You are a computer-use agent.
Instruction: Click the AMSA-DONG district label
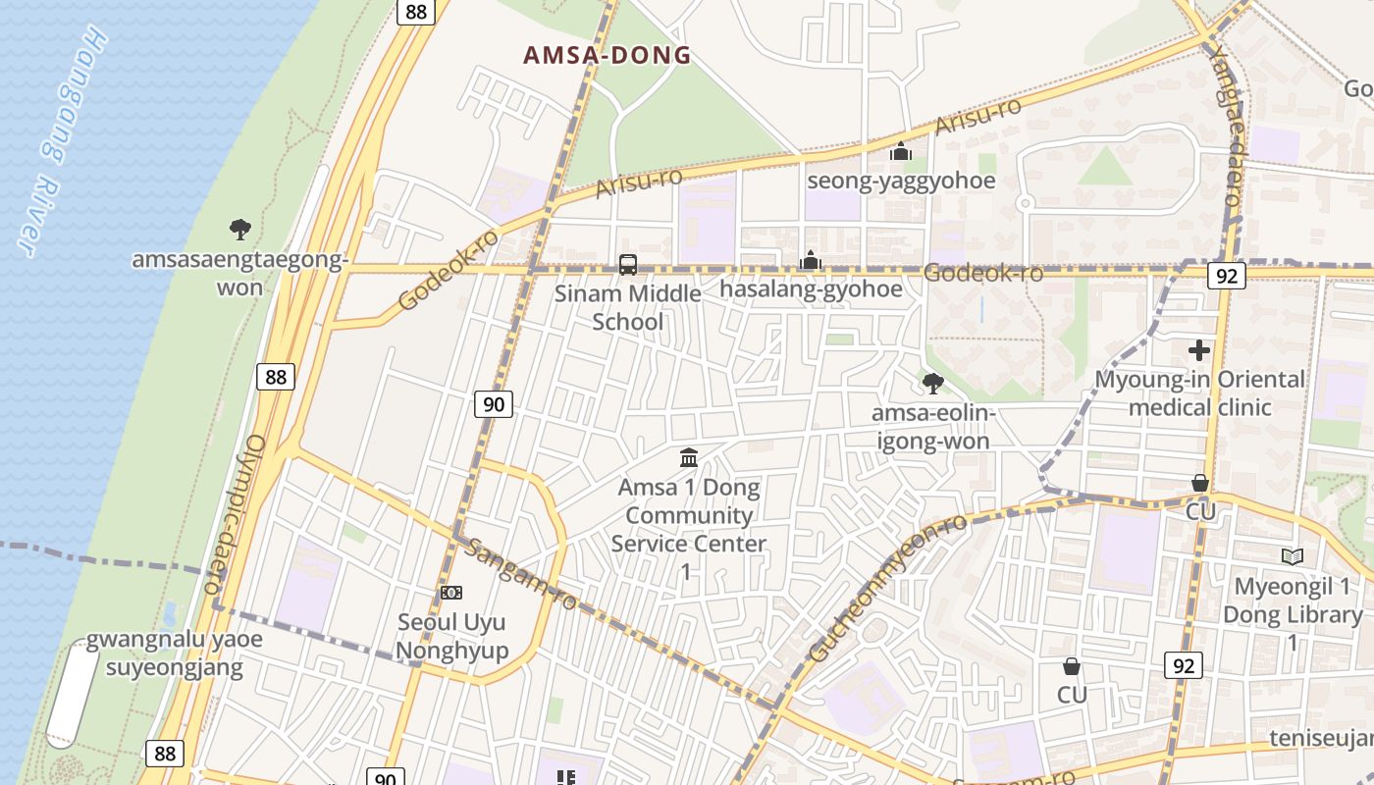click(x=608, y=55)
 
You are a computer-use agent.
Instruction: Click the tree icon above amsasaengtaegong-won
click(x=239, y=231)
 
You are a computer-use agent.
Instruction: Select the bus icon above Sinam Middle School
click(x=628, y=265)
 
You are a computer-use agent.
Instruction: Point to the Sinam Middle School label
click(x=628, y=307)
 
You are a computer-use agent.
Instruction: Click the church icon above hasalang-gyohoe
click(x=811, y=261)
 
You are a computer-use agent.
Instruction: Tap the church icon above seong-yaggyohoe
click(x=901, y=152)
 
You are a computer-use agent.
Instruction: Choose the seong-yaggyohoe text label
click(x=901, y=181)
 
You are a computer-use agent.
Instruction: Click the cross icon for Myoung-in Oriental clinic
click(x=1198, y=350)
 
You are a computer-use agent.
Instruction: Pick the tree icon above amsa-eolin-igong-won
click(x=933, y=384)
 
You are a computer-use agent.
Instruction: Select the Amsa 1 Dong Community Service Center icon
click(x=689, y=458)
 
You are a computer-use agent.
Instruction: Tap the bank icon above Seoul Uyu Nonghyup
click(x=451, y=593)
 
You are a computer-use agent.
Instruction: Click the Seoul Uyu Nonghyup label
click(x=452, y=636)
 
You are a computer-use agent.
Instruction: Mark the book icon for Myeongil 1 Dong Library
click(x=1293, y=557)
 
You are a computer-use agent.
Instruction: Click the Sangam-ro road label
click(x=520, y=574)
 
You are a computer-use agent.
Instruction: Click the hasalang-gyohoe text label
click(x=811, y=288)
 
